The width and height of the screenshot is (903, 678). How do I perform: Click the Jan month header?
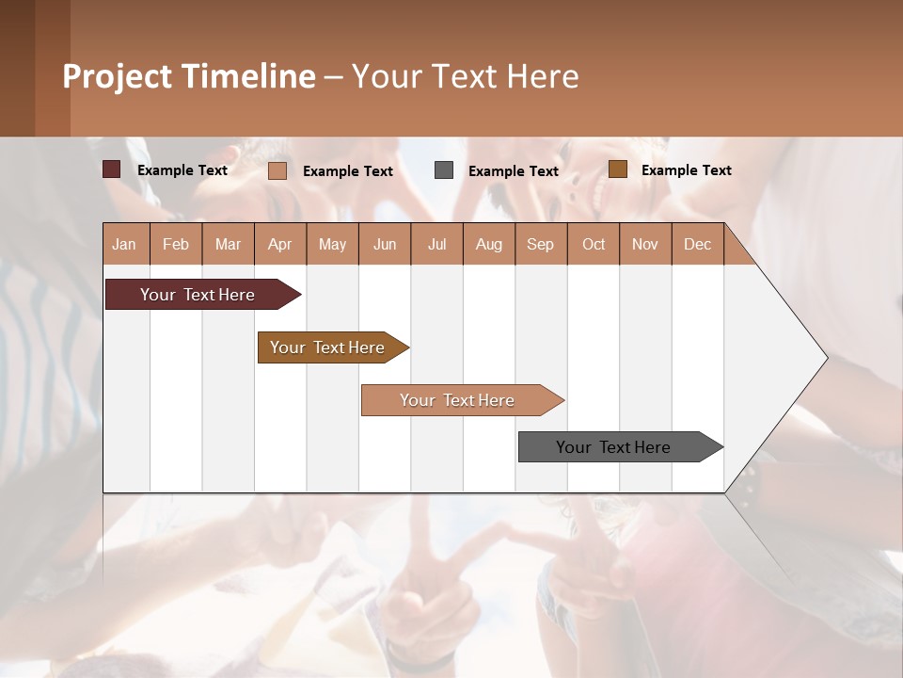tap(124, 244)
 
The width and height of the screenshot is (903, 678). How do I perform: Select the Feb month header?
tap(176, 244)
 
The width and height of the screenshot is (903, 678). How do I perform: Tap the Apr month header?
tap(279, 244)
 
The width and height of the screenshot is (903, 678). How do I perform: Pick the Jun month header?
tap(384, 244)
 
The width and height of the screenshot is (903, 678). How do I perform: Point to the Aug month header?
tap(488, 244)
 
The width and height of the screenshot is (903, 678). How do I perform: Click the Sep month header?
tap(540, 244)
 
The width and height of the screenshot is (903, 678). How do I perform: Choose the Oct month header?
tap(593, 244)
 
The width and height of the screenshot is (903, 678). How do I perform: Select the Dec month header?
tap(697, 244)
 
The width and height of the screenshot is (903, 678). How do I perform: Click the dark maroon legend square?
tap(112, 169)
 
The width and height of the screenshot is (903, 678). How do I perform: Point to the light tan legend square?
tap(277, 170)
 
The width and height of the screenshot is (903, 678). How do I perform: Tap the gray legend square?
tap(444, 169)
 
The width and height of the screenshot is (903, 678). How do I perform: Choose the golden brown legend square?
tap(618, 169)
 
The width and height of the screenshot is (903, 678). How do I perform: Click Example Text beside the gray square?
tap(513, 170)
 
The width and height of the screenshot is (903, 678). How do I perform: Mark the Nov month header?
tap(644, 244)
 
